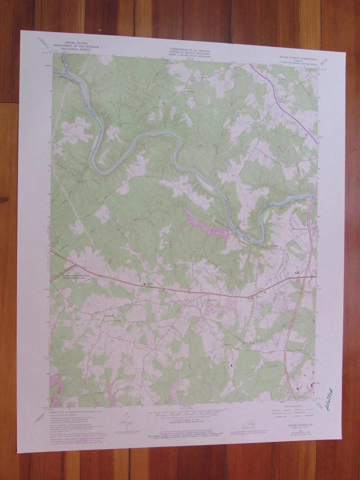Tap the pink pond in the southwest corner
(x=56, y=385)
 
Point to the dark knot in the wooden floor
(x=4, y=199)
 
